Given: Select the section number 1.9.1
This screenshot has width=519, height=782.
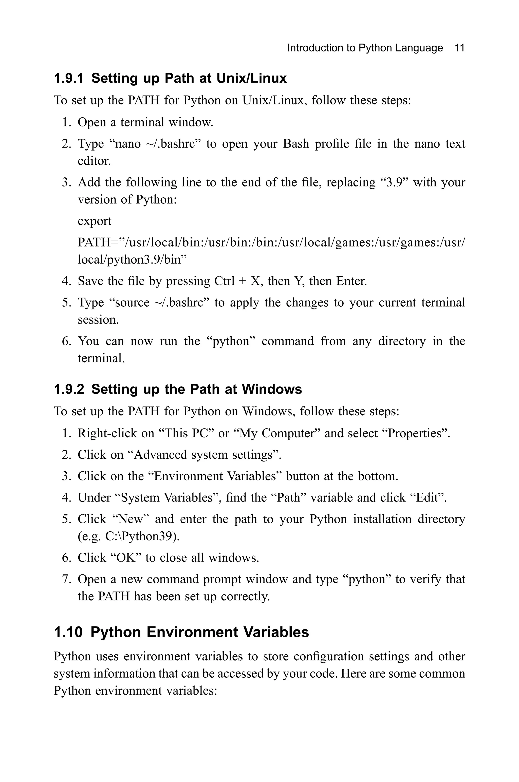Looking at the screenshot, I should (x=68, y=79).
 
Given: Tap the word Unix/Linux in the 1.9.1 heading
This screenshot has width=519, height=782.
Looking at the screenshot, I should (x=252, y=79).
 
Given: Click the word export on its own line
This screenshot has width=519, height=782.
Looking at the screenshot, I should (x=94, y=221).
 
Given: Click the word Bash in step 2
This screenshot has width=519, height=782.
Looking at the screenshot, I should (x=295, y=144).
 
